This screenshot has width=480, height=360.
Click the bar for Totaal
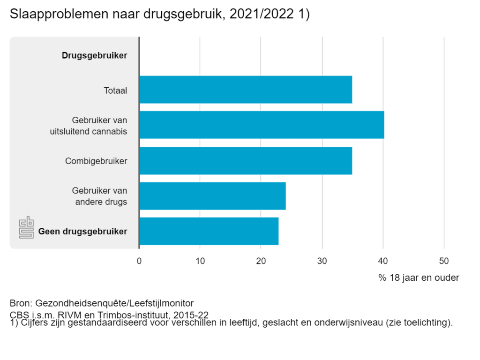coord(246,90)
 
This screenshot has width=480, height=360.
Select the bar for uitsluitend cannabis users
coord(262,125)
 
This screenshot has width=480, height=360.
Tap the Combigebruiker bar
coord(246,161)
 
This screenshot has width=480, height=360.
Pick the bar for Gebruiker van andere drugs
coord(212,196)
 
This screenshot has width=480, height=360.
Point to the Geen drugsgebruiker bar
coord(209,231)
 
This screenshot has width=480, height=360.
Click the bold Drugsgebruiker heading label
coord(94,55)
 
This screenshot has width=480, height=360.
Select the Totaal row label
coord(115,90)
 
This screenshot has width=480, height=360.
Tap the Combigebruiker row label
coord(96,161)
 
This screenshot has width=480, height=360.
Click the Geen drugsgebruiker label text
coord(82,231)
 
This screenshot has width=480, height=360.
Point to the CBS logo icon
coord(26,228)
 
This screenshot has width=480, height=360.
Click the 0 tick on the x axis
coord(139,261)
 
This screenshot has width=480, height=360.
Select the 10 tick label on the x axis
coord(200,261)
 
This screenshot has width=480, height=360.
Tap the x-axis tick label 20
coord(261,261)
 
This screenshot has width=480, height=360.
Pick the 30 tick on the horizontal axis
coord(322,261)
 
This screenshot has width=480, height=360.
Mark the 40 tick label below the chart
coord(383,261)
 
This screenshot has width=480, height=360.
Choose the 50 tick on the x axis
coord(444,261)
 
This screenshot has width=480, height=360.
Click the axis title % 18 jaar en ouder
coord(419,277)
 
